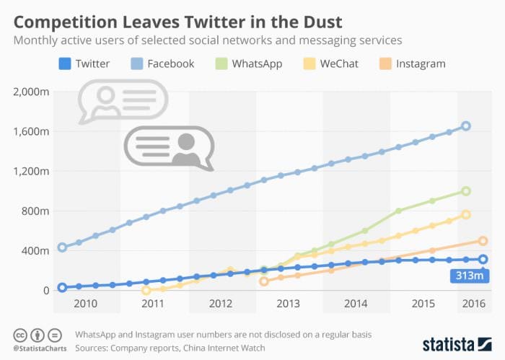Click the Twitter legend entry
[84, 63]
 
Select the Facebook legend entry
[162, 63]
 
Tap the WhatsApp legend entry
[250, 63]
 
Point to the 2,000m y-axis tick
[31, 92]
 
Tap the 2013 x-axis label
[289, 304]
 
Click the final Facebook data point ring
[466, 126]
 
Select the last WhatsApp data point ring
[466, 191]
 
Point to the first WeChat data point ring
[146, 290]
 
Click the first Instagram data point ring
[264, 281]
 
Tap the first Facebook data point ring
[63, 247]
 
